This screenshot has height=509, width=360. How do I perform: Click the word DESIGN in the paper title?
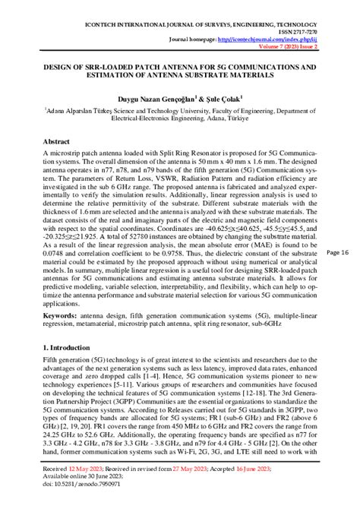pos(62,67)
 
